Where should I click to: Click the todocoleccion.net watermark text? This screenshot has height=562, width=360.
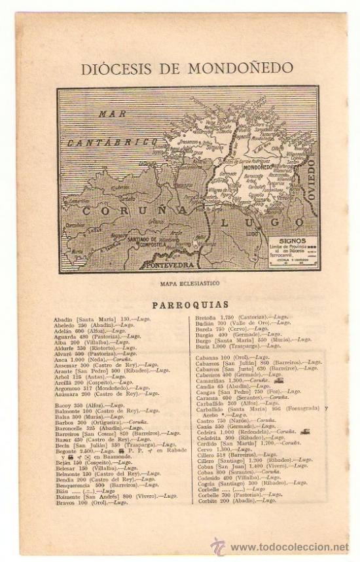[289, 548]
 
